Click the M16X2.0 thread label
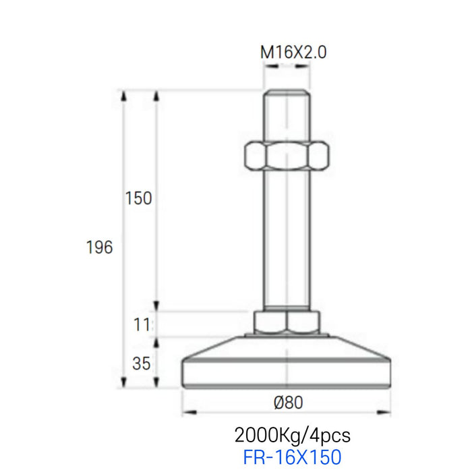pyautogui.click(x=293, y=53)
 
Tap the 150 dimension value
pyautogui.click(x=138, y=198)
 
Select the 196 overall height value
pyautogui.click(x=99, y=247)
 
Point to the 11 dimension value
pyautogui.click(x=140, y=324)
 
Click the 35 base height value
pyautogui.click(x=140, y=364)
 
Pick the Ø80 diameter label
pyautogui.click(x=288, y=403)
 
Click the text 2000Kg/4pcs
pyautogui.click(x=292, y=433)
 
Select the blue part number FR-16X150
pyautogui.click(x=292, y=456)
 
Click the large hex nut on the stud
pyautogui.click(x=286, y=156)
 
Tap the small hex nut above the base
pyautogui.click(x=286, y=322)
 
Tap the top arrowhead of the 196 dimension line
pyautogui.click(x=123, y=96)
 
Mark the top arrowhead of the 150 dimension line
pyautogui.click(x=156, y=96)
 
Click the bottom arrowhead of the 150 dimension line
pyautogui.click(x=156, y=306)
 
